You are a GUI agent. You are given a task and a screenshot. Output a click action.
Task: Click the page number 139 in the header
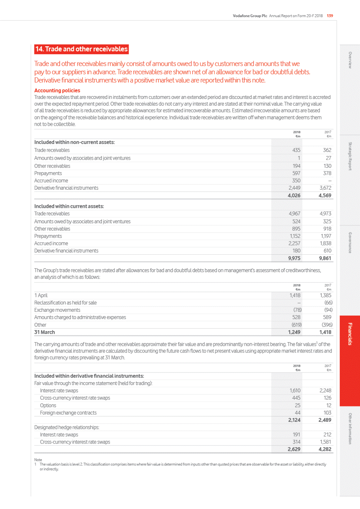pos(330,16)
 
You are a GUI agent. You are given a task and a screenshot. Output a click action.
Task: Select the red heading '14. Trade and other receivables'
pos(81,49)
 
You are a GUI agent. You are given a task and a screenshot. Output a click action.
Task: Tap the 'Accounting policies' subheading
pos(57,90)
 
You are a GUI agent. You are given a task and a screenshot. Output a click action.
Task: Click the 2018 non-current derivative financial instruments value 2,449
pos(294,188)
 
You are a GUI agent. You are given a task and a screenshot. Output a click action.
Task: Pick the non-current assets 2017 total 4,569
pos(325,195)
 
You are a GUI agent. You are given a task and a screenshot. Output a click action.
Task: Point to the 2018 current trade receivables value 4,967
pos(294,214)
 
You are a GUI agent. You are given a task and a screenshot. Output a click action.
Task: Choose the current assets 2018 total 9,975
pos(294,258)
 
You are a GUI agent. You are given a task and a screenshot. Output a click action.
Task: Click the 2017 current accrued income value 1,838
pos(325,243)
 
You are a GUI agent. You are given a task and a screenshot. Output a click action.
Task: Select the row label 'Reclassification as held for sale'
pos(65,303)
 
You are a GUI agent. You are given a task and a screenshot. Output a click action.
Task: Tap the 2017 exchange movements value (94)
pos(328,310)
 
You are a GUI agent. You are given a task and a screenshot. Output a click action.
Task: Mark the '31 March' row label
pos(45,332)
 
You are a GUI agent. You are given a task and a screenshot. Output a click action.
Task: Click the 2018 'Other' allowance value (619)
pos(296,325)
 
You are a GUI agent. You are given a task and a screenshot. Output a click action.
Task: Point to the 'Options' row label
pos(48,405)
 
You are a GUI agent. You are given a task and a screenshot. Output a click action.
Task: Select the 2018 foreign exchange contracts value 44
pos(297,413)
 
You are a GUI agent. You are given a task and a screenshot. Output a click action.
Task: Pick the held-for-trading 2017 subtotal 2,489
pos(325,420)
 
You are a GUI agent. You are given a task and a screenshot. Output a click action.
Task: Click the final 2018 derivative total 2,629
pos(294,449)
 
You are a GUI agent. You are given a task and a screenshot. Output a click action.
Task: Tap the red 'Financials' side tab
pos(350,334)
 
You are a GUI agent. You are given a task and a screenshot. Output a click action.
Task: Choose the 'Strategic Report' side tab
pos(350,156)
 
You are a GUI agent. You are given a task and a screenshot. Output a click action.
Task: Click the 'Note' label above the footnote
pos(38,460)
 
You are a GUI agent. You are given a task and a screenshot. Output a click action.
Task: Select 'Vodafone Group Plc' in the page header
pos(250,16)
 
